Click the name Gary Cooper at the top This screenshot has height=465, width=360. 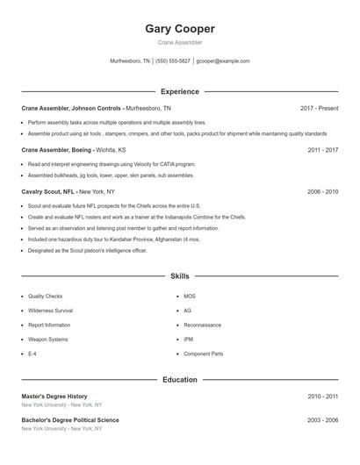coord(180,28)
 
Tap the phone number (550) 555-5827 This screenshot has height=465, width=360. coord(173,61)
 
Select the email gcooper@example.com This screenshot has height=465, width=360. coord(223,61)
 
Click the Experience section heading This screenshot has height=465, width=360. coord(180,91)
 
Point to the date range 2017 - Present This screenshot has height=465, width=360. coord(319,108)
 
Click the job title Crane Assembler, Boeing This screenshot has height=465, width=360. coord(55,150)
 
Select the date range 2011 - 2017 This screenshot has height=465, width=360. coord(323,150)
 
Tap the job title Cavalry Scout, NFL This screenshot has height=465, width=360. coord(49,191)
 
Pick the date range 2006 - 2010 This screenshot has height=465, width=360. coord(323,191)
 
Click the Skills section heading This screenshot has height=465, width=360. coord(180,275)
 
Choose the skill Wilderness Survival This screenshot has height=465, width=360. coord(50,311)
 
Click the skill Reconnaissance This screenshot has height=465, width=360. coord(202,325)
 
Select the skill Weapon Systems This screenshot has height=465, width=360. coord(47,339)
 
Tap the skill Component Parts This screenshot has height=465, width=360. coord(203,354)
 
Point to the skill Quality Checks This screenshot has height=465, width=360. coord(45,297)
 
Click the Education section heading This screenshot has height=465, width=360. coord(180,380)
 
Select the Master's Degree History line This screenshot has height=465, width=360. coord(54,397)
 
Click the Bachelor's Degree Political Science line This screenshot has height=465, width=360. coord(70,420)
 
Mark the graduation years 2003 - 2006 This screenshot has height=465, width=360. coord(323,420)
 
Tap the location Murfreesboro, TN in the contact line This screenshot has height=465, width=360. coord(130,61)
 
